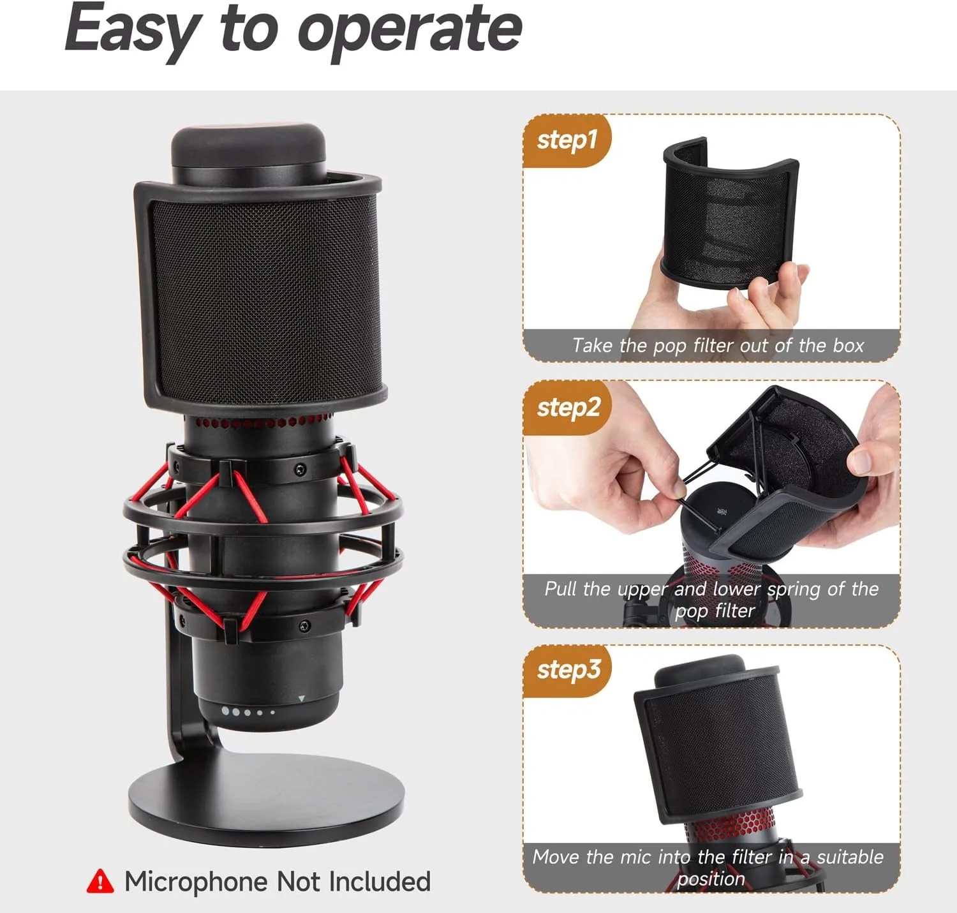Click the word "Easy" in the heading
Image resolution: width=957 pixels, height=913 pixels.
(x=134, y=30)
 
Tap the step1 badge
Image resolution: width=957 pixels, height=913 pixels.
(x=567, y=141)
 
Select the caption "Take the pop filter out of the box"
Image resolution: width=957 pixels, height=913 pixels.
(x=718, y=346)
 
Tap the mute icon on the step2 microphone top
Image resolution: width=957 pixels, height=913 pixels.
(x=720, y=512)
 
